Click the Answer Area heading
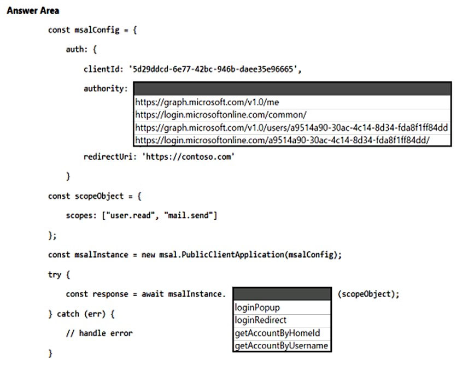(x=33, y=10)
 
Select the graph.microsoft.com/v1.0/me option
(x=207, y=102)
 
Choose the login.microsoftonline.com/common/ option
(x=221, y=115)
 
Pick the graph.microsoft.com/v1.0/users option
(x=291, y=127)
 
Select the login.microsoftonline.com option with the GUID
(x=282, y=140)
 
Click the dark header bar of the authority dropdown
(x=292, y=89)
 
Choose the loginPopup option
(x=258, y=308)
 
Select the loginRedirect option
(x=261, y=320)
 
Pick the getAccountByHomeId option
(x=278, y=333)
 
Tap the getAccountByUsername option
(x=282, y=345)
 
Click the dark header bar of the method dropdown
(x=282, y=294)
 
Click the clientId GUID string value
(x=213, y=69)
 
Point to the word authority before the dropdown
(x=104, y=89)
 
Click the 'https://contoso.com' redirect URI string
(x=188, y=157)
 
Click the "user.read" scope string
(x=130, y=215)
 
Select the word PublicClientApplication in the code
(x=233, y=255)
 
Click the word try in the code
(x=55, y=275)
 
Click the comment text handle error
(x=106, y=333)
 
